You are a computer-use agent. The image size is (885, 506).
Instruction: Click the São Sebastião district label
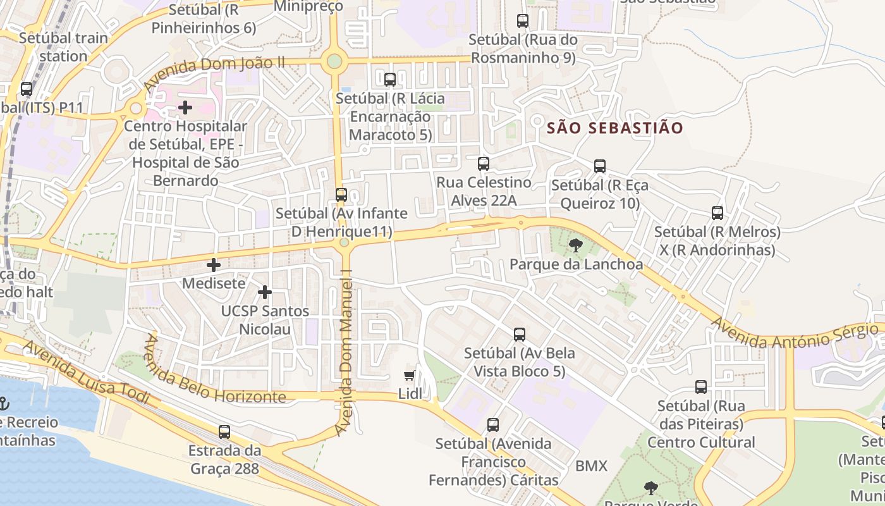[x=614, y=128]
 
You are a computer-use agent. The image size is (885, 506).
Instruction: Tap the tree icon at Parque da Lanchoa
[x=575, y=245]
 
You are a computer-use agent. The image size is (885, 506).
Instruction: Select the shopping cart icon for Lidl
[x=410, y=376]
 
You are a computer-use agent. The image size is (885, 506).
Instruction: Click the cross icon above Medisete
[x=214, y=264]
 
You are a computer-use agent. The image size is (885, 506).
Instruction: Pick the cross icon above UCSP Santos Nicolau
[x=265, y=292]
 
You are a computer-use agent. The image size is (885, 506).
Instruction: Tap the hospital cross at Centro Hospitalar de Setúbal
[x=185, y=108]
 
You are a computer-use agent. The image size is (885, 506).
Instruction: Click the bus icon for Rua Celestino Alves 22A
[x=484, y=164]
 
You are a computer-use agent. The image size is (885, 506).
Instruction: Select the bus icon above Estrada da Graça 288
[x=224, y=432]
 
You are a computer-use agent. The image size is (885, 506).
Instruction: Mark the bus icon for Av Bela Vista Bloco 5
[x=520, y=335]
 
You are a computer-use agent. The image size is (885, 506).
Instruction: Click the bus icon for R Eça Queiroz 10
[x=600, y=166]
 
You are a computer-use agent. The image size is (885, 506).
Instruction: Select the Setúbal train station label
[x=63, y=47]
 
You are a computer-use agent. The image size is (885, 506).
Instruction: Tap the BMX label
[x=591, y=466]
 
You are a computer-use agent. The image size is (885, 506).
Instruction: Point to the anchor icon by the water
[x=4, y=403]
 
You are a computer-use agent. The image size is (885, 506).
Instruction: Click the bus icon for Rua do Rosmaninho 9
[x=523, y=21]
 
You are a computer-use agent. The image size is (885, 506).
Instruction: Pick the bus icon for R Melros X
[x=717, y=213]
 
